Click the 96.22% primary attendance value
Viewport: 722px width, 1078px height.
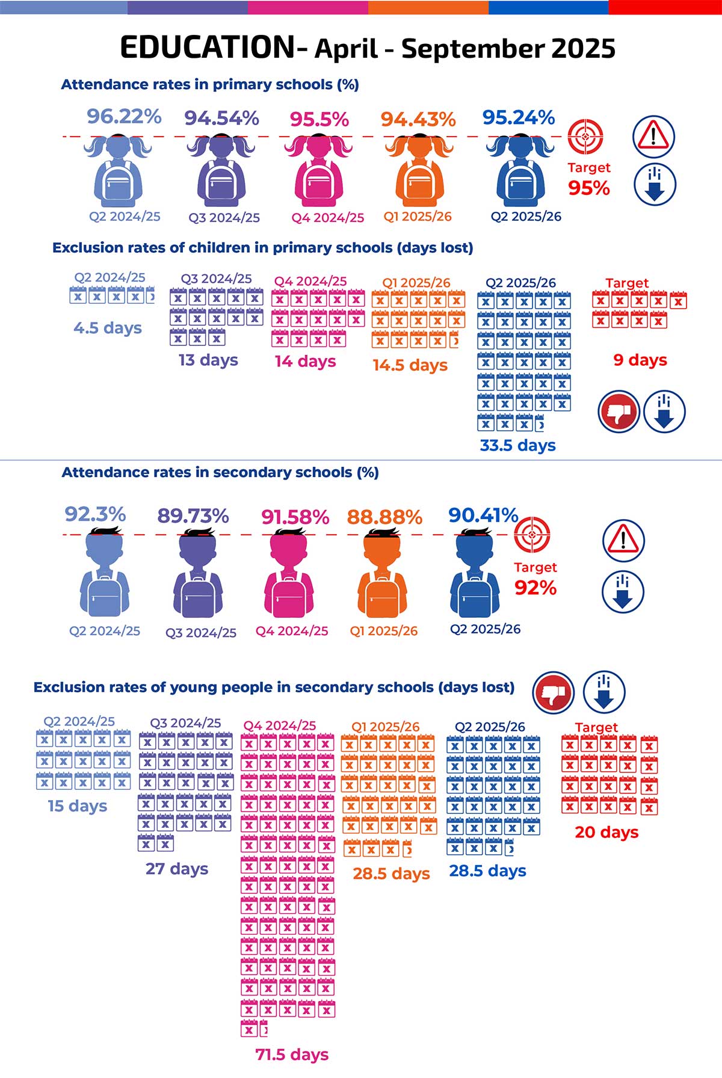pos(124,116)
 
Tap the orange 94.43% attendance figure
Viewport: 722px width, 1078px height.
pos(418,119)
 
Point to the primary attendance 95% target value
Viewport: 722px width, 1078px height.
pos(589,188)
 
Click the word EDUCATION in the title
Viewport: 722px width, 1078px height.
pos(206,48)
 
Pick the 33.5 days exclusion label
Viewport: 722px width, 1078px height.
pos(517,445)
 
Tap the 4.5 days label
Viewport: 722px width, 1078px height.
pos(108,328)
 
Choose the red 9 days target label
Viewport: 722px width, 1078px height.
pos(640,360)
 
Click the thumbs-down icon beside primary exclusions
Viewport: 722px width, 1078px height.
pos(619,412)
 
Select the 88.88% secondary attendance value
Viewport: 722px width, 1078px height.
pos(384,517)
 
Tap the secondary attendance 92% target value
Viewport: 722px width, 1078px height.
pos(535,588)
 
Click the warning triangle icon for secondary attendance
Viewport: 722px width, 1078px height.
pos(623,540)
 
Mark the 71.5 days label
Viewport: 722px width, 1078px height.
pos(292,1054)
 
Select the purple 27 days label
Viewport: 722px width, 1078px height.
pos(177,869)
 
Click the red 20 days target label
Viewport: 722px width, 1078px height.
pos(606,832)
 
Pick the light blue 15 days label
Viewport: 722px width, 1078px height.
pos(78,805)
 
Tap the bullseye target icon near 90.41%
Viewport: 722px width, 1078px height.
pos(532,534)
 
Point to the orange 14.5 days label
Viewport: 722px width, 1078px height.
pos(410,365)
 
